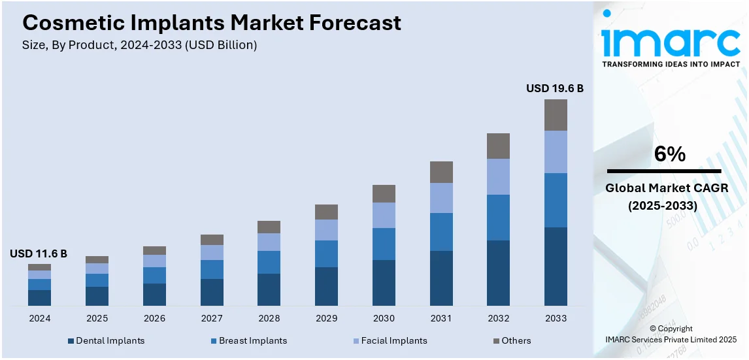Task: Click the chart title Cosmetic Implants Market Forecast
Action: pos(212,24)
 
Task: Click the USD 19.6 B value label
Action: pos(555,88)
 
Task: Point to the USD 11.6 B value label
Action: pos(39,254)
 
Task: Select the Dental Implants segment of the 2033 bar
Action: pos(556,266)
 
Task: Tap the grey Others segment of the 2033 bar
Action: pos(556,115)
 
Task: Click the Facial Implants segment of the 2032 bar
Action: pos(498,176)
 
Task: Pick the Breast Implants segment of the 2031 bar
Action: pos(441,232)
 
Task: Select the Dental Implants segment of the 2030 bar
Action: pos(384,282)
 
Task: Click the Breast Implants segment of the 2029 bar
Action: pos(326,254)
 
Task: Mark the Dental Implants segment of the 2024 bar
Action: pos(39,297)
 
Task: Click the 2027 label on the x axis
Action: pos(212,318)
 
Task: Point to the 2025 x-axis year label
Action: pos(97,318)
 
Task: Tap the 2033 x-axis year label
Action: pos(556,318)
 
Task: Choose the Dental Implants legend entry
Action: pos(106,340)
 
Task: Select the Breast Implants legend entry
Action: pos(248,340)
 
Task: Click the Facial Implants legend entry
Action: pos(390,340)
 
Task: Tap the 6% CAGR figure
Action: pos(670,154)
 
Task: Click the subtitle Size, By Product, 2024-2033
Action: pos(140,45)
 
